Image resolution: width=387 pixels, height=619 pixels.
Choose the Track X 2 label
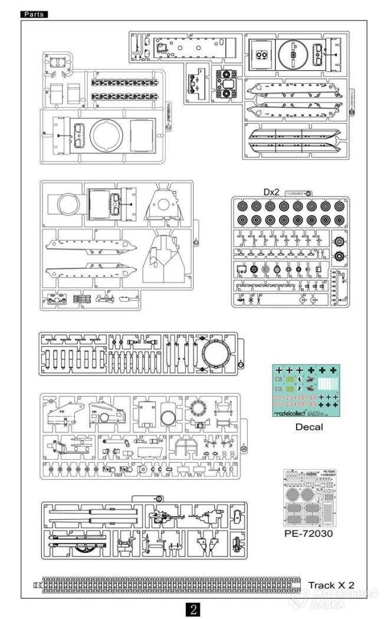coord(334,585)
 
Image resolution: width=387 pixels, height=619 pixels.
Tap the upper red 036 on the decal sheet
coord(279,379)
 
